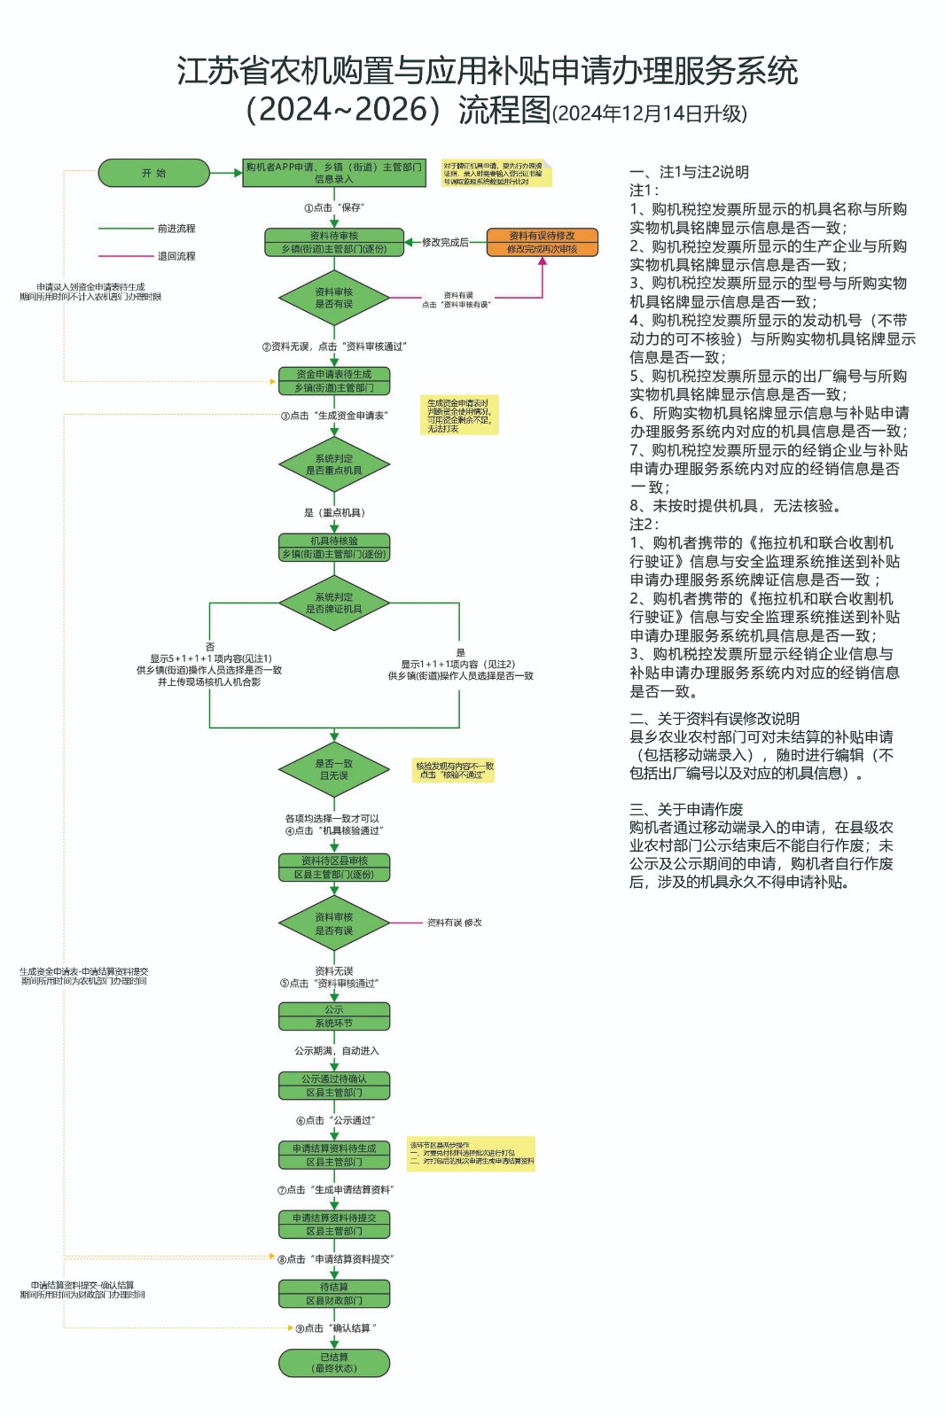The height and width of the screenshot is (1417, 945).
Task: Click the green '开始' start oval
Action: [153, 173]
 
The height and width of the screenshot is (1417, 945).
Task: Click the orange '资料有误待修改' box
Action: [542, 242]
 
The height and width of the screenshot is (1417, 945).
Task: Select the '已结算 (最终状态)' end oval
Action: [334, 1363]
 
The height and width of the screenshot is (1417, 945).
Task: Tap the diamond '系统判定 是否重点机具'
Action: [334, 464]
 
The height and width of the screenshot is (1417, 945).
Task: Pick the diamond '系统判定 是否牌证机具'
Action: [334, 603]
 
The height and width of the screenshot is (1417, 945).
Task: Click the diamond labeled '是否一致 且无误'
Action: [334, 769]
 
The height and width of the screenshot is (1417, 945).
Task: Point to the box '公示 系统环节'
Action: [334, 1016]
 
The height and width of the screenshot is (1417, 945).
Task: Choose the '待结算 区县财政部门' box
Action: [334, 1294]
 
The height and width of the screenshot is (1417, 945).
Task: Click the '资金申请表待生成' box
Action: [334, 381]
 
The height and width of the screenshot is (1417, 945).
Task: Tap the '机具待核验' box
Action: [334, 547]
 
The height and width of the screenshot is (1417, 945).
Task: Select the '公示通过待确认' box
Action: [334, 1086]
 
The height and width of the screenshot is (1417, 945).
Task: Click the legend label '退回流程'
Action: [176, 256]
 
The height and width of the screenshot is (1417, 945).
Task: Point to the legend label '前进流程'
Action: [176, 229]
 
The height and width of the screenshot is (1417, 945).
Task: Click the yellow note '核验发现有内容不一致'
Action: [454, 770]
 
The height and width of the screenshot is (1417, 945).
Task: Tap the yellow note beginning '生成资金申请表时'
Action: [458, 415]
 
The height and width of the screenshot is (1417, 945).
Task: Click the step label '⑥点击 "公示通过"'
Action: [335, 1120]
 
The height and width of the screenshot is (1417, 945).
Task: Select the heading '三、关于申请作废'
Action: [686, 809]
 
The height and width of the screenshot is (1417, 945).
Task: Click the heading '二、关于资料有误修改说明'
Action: [714, 719]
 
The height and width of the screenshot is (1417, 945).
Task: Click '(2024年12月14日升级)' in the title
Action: [649, 113]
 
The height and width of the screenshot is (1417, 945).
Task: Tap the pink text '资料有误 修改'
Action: [454, 923]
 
